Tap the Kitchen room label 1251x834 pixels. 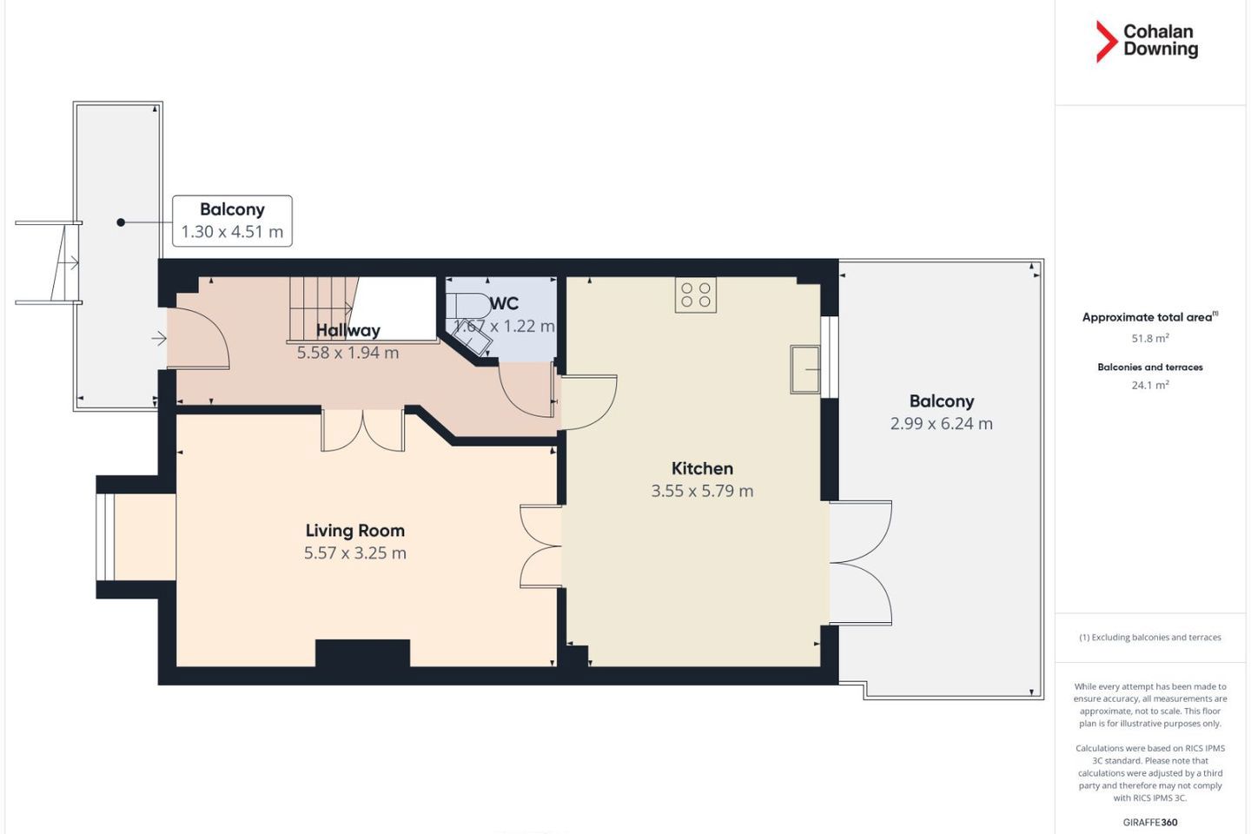[x=702, y=468]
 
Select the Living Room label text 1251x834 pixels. [x=355, y=530]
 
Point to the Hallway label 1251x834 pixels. [x=347, y=330]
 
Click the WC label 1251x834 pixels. [x=504, y=303]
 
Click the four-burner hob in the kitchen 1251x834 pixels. [x=696, y=295]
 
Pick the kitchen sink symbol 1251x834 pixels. [x=804, y=370]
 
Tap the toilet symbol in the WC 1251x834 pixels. [x=473, y=306]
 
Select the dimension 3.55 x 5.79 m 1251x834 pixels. [x=702, y=491]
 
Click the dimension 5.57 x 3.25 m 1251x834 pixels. [x=355, y=553]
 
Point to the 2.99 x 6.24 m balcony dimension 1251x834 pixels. [x=942, y=423]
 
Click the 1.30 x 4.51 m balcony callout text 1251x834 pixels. [x=232, y=232]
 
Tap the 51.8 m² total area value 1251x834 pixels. [x=1150, y=338]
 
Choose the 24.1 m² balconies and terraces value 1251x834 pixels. [x=1150, y=385]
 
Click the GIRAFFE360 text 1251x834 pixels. [x=1150, y=822]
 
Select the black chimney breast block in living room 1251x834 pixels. [x=362, y=653]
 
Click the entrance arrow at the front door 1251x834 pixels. [x=159, y=338]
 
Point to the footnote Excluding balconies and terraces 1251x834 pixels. [x=1150, y=638]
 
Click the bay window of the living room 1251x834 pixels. [x=105, y=538]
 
